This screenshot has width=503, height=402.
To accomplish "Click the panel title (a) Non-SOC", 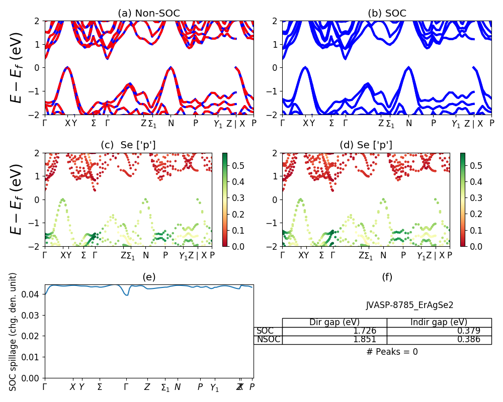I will (x=149, y=14).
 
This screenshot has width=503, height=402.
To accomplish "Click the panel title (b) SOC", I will (x=387, y=14).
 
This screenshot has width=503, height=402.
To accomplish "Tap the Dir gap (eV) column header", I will (x=334, y=322).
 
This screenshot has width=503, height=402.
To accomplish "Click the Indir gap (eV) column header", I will (x=439, y=322).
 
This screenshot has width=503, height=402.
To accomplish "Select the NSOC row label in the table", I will (x=268, y=340).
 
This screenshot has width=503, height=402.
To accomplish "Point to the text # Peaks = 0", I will (x=392, y=352).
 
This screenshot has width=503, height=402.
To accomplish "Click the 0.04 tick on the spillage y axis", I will (x=33, y=294).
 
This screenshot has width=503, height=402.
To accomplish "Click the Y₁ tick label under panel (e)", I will (x=215, y=387).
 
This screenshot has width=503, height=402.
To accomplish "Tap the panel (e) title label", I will (x=149, y=277).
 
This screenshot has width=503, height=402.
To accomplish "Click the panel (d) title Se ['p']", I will (x=366, y=145).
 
